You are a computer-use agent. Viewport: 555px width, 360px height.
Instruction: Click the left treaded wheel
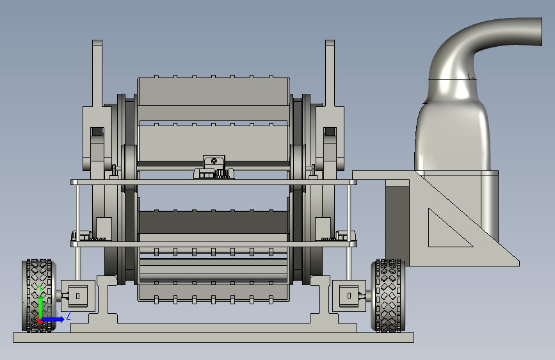click(x=38, y=295)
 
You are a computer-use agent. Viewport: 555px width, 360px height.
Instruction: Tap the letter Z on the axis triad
click(x=68, y=316)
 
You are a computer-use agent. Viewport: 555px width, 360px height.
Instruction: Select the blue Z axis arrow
click(x=52, y=319)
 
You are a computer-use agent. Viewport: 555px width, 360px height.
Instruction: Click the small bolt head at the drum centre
click(x=214, y=161)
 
